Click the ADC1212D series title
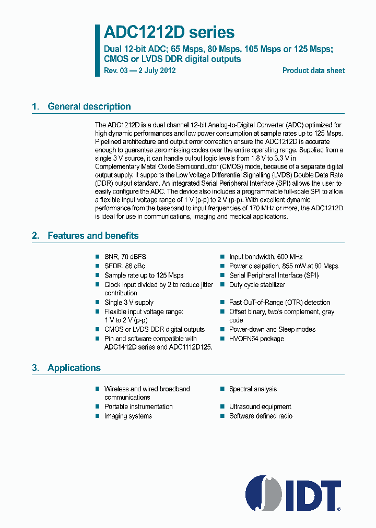click(x=169, y=32)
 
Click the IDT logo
click(x=293, y=493)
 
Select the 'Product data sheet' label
click(x=313, y=70)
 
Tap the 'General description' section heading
click(x=89, y=106)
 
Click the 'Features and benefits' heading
click(x=93, y=236)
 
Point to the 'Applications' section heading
click(x=74, y=368)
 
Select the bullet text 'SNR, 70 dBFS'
click(x=126, y=257)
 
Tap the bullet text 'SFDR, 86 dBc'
click(x=125, y=266)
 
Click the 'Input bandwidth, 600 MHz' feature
click(x=266, y=257)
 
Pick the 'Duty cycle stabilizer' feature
click(x=257, y=285)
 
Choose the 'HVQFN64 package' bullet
click(x=256, y=339)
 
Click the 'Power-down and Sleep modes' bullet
click(x=272, y=329)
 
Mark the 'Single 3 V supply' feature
click(x=129, y=302)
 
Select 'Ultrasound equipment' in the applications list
click(x=260, y=406)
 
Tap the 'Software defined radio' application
click(x=261, y=416)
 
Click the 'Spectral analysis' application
click(x=253, y=389)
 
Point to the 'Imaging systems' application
click(x=128, y=416)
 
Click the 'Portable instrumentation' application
click(x=138, y=406)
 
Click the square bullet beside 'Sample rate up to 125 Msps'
click(x=97, y=275)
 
